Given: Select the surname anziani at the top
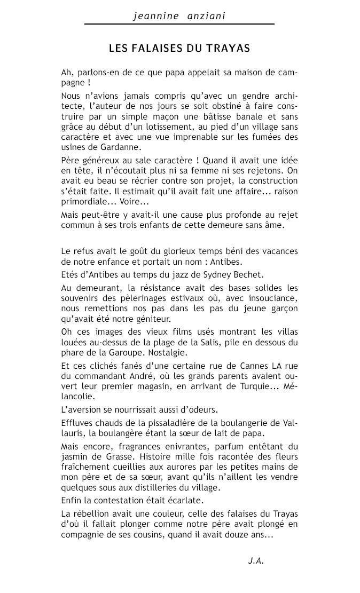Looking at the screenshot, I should (206, 17).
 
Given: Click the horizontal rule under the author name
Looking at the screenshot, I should (179, 24).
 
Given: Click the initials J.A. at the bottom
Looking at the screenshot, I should (256, 561).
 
